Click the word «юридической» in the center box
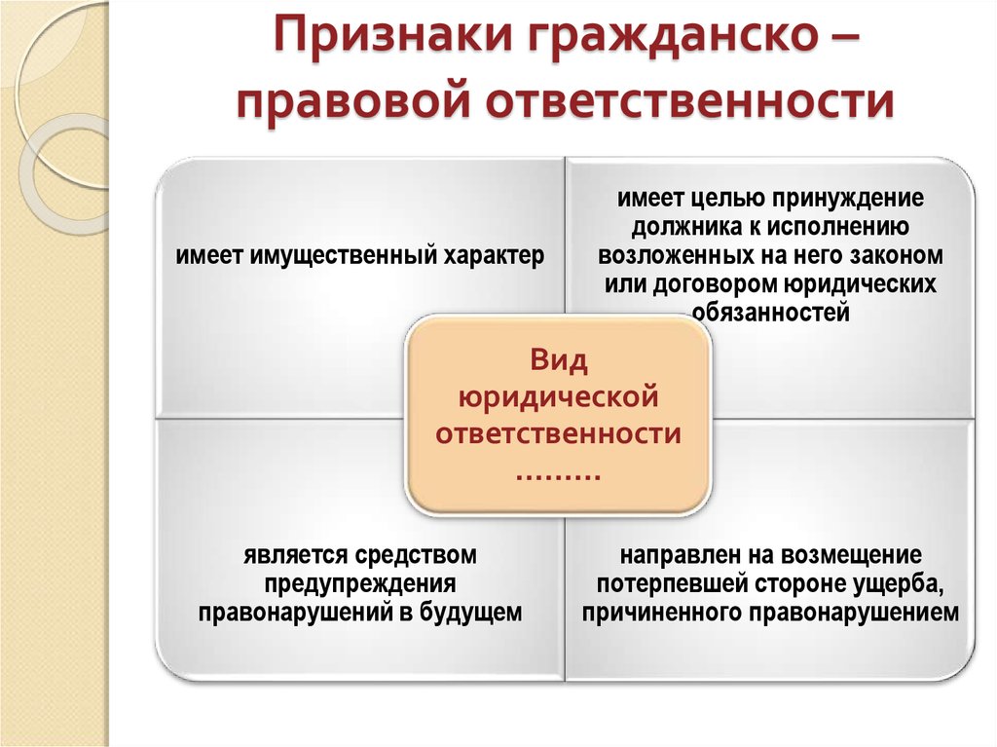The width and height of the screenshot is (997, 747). pos(558,397)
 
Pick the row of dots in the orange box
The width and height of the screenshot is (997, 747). pos(558,477)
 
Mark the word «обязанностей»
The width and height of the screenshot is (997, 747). pos(771,313)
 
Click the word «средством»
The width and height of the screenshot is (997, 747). pos(415,555)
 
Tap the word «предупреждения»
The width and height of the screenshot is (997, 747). pos(360,584)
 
